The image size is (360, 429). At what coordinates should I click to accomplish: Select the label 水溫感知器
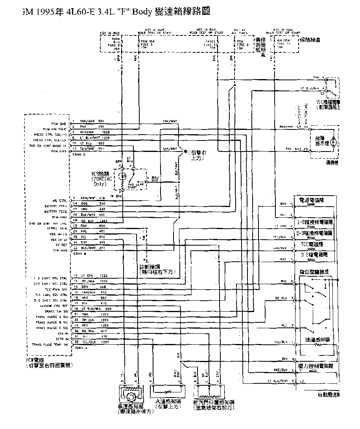tap(168, 402)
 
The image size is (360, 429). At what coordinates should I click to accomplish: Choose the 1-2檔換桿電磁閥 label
tap(315, 223)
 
